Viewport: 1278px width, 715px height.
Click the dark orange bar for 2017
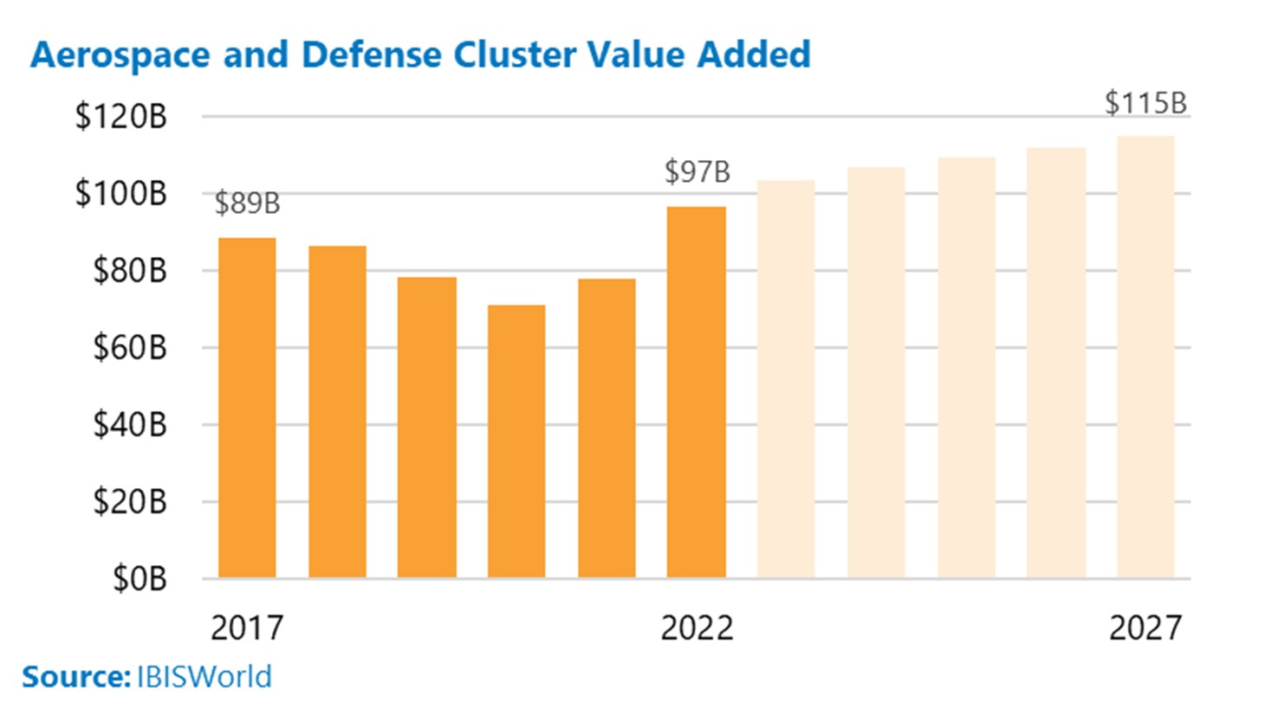click(x=247, y=408)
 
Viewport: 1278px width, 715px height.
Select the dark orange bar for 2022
click(x=697, y=392)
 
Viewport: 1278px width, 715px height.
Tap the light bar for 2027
click(x=1145, y=357)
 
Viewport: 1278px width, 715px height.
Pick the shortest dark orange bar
click(x=516, y=441)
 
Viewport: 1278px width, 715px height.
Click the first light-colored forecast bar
click(x=786, y=379)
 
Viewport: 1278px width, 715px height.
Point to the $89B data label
click(x=247, y=203)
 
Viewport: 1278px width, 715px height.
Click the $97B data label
click(x=697, y=172)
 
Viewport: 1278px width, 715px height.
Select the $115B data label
click(x=1145, y=104)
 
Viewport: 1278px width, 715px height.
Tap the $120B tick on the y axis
click(x=120, y=117)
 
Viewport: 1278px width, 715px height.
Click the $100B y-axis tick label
click(x=120, y=194)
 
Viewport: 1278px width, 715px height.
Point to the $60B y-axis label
click(x=129, y=348)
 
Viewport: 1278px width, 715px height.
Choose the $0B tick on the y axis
click(x=139, y=578)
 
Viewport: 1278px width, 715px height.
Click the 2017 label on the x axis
click(x=247, y=628)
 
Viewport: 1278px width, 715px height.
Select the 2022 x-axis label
click(x=697, y=628)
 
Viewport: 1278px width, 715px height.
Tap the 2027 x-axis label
click(x=1145, y=628)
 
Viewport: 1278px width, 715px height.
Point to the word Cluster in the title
click(x=515, y=55)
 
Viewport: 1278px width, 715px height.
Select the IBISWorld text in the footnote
click(x=204, y=676)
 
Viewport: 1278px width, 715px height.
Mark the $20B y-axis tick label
click(x=129, y=502)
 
